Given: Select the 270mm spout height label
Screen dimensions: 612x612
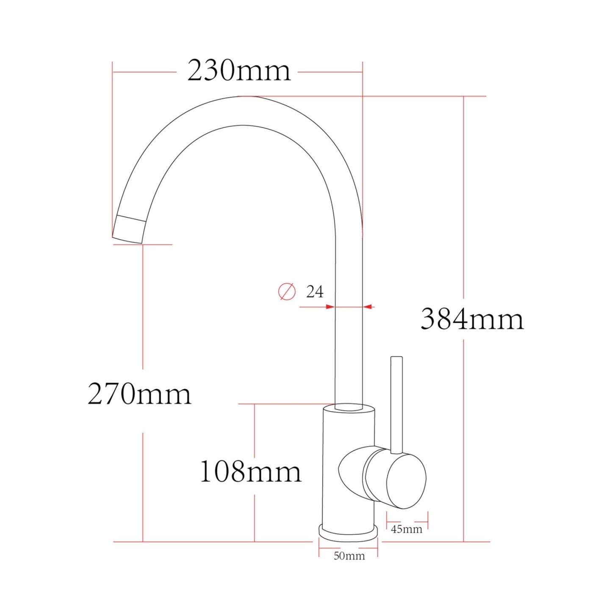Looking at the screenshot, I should click(x=139, y=394).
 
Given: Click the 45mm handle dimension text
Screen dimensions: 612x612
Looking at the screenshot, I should click(x=406, y=529).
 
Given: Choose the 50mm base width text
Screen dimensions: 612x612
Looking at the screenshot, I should click(x=349, y=556).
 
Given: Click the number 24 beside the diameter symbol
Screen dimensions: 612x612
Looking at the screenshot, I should click(x=315, y=292).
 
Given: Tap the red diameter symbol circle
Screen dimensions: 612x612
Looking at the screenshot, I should click(x=287, y=291).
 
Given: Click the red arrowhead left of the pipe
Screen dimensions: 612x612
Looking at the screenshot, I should click(x=330, y=307).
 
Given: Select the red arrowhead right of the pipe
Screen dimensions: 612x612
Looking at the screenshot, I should click(x=368, y=307).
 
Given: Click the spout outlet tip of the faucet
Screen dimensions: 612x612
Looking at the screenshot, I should click(x=129, y=230).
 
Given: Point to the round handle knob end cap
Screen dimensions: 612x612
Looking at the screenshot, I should click(x=406, y=482).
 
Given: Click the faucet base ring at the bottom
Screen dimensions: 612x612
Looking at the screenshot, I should click(x=348, y=533).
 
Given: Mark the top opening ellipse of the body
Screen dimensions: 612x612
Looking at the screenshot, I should click(x=349, y=408).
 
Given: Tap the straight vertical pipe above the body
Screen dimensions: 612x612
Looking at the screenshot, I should click(x=349, y=339).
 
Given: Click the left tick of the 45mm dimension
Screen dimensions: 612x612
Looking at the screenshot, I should click(x=387, y=520).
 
